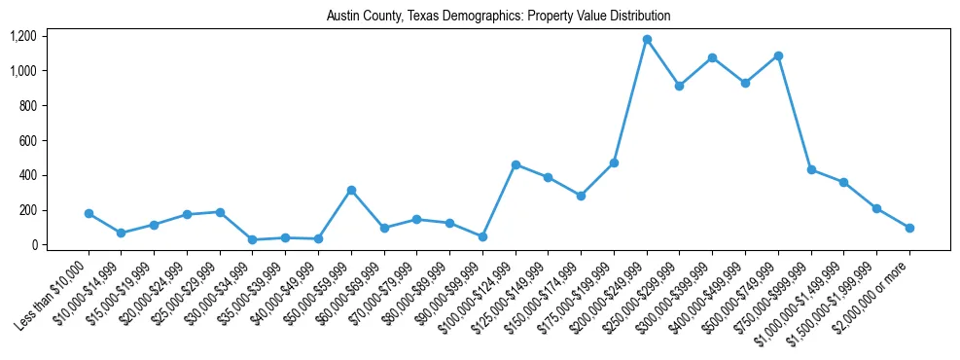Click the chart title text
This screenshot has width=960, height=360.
pyautogui.click(x=498, y=17)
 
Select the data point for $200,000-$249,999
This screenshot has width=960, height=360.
pyautogui.click(x=647, y=40)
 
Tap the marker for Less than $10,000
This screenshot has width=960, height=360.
pyautogui.click(x=89, y=213)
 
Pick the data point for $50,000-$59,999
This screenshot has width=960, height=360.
pyautogui.click(x=351, y=190)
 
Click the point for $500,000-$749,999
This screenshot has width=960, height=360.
pyautogui.click(x=778, y=55)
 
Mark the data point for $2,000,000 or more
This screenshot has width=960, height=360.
pyautogui.click(x=909, y=228)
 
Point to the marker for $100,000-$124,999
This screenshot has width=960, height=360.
pyautogui.click(x=516, y=164)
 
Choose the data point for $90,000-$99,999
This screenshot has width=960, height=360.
pyautogui.click(x=482, y=236)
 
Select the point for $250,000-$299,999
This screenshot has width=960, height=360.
pyautogui.click(x=680, y=86)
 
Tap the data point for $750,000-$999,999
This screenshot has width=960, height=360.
pyautogui.click(x=811, y=169)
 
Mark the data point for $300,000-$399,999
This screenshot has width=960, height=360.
pyautogui.click(x=713, y=58)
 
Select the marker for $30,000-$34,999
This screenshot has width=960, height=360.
pyautogui.click(x=253, y=239)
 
